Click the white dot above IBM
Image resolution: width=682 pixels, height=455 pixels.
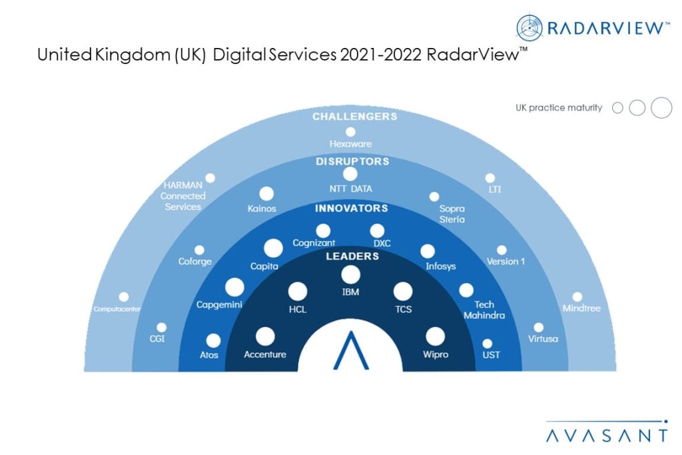point(350,274)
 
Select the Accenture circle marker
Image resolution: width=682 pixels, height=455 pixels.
point(265,336)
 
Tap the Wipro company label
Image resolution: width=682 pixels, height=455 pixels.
point(435,354)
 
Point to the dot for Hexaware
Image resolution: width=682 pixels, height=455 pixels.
point(350,131)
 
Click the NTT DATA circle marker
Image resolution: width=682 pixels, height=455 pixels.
point(350,174)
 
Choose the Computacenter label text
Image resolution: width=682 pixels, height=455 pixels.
point(117,309)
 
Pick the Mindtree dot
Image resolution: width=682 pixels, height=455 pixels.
point(577,296)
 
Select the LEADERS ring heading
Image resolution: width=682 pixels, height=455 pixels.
point(350,256)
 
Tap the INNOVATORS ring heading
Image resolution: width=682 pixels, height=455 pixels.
point(350,209)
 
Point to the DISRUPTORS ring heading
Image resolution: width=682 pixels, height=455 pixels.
point(350,161)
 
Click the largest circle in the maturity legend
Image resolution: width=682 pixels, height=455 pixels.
point(661,107)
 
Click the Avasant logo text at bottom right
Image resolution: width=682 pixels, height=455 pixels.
point(606,436)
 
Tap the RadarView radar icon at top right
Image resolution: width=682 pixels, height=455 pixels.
point(529,27)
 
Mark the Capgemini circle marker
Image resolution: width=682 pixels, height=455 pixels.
point(234,288)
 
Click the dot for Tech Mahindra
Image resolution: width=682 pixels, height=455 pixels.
point(466,290)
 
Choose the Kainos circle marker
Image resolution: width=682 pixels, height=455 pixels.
point(266,194)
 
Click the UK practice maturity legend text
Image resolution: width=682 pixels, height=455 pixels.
point(559,108)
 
